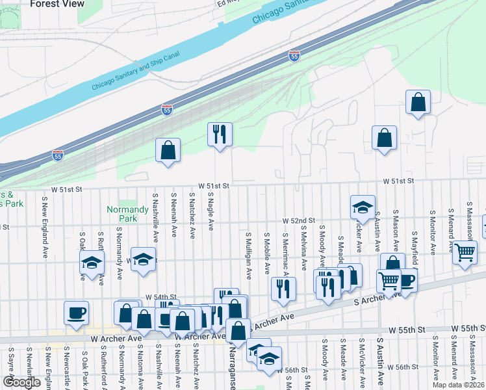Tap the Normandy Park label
128,214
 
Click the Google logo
21,382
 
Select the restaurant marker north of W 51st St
220,135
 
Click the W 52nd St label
298,222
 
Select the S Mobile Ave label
267,251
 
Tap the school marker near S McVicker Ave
363,207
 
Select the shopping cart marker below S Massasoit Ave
465,252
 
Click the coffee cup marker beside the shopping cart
406,280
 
